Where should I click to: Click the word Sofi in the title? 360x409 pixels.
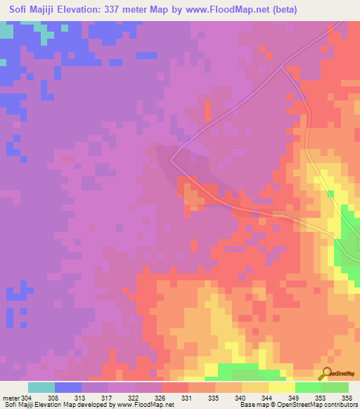point(20,10)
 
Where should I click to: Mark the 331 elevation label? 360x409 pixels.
point(186,396)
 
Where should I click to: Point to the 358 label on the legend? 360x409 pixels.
point(347,396)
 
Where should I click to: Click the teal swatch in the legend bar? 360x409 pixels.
point(41,387)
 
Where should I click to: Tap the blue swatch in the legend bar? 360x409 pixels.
point(68,387)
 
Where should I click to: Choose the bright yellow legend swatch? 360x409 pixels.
point(281,387)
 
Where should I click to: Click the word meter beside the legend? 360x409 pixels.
point(11,396)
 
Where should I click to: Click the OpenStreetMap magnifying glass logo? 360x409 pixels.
point(326,373)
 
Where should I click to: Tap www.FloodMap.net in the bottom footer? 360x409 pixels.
point(146,404)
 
